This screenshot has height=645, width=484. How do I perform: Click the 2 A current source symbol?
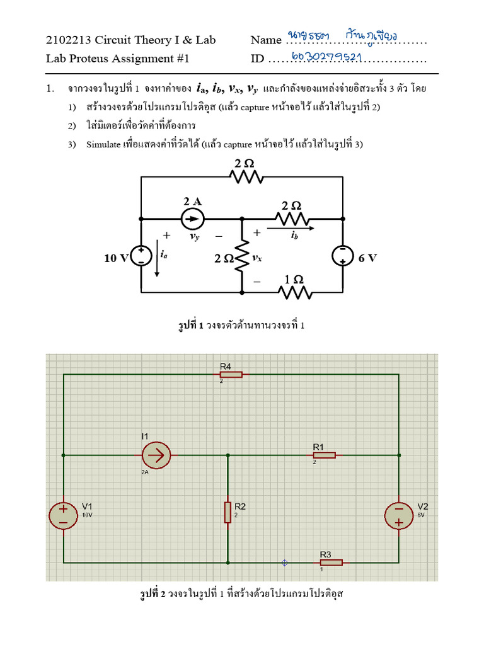click(192, 219)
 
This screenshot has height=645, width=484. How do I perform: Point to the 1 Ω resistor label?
click(294, 279)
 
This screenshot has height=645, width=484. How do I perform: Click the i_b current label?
click(294, 235)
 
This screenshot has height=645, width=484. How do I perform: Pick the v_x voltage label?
click(256, 258)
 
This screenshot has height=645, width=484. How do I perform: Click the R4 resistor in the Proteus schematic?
click(231, 374)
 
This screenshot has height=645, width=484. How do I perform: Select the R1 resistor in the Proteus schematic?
click(324, 455)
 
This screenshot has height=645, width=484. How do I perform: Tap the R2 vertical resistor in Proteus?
click(228, 512)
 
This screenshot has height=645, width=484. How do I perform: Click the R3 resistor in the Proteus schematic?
click(331, 562)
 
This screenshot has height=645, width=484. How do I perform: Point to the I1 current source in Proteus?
click(155, 455)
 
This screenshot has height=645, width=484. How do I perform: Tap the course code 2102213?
click(69, 40)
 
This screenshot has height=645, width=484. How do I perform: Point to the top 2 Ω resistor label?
click(245, 163)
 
